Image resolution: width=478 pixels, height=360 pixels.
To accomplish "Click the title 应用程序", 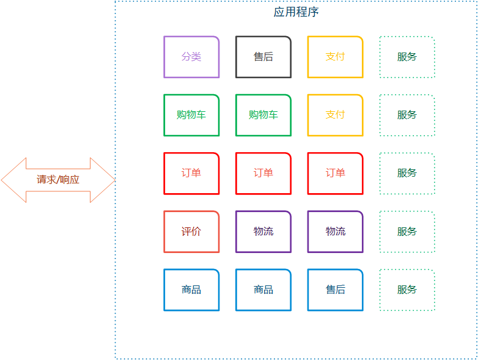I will [x=296, y=12].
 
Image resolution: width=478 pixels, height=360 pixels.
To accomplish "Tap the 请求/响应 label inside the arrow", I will [x=58, y=180].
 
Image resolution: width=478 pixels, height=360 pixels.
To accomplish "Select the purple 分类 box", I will [x=191, y=57].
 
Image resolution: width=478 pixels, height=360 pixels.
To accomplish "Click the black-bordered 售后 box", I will [x=263, y=57].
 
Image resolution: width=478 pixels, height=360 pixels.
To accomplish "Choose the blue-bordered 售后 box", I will [x=336, y=290].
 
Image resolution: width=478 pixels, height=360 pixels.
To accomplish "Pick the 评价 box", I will [x=191, y=232].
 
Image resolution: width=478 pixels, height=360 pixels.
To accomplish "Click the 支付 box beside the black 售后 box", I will [x=336, y=57].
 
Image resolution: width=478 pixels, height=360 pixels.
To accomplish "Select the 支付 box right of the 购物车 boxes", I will [x=336, y=115].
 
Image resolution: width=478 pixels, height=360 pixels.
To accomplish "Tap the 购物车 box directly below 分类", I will [x=191, y=115].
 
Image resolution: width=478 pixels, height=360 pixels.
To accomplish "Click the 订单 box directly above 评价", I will [x=191, y=173].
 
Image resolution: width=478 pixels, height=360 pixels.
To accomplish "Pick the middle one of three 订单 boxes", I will [x=263, y=173].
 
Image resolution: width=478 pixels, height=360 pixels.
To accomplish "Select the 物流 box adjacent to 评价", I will [x=263, y=232].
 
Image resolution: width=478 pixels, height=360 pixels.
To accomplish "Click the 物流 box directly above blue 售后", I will [x=336, y=232].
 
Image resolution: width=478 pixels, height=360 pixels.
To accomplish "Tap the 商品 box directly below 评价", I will [x=191, y=290].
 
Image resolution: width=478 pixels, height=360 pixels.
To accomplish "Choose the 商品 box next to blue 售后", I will [x=263, y=290].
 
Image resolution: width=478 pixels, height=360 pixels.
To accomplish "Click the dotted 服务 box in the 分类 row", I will [x=407, y=57].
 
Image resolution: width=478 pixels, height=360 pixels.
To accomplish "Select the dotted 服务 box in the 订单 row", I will [x=407, y=173].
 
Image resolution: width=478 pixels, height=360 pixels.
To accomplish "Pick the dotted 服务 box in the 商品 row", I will [x=407, y=290].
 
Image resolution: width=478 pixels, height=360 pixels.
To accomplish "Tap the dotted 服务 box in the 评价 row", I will [x=407, y=232].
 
